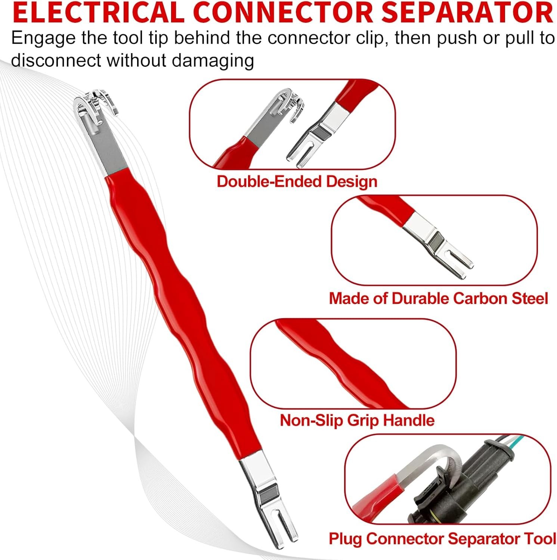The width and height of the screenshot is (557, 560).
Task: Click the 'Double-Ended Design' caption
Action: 297,181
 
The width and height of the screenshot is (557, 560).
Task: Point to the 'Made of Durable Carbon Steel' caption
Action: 438,299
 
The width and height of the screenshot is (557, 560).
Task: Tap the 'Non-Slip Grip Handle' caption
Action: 357,420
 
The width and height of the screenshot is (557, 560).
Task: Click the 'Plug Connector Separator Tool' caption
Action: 442,539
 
